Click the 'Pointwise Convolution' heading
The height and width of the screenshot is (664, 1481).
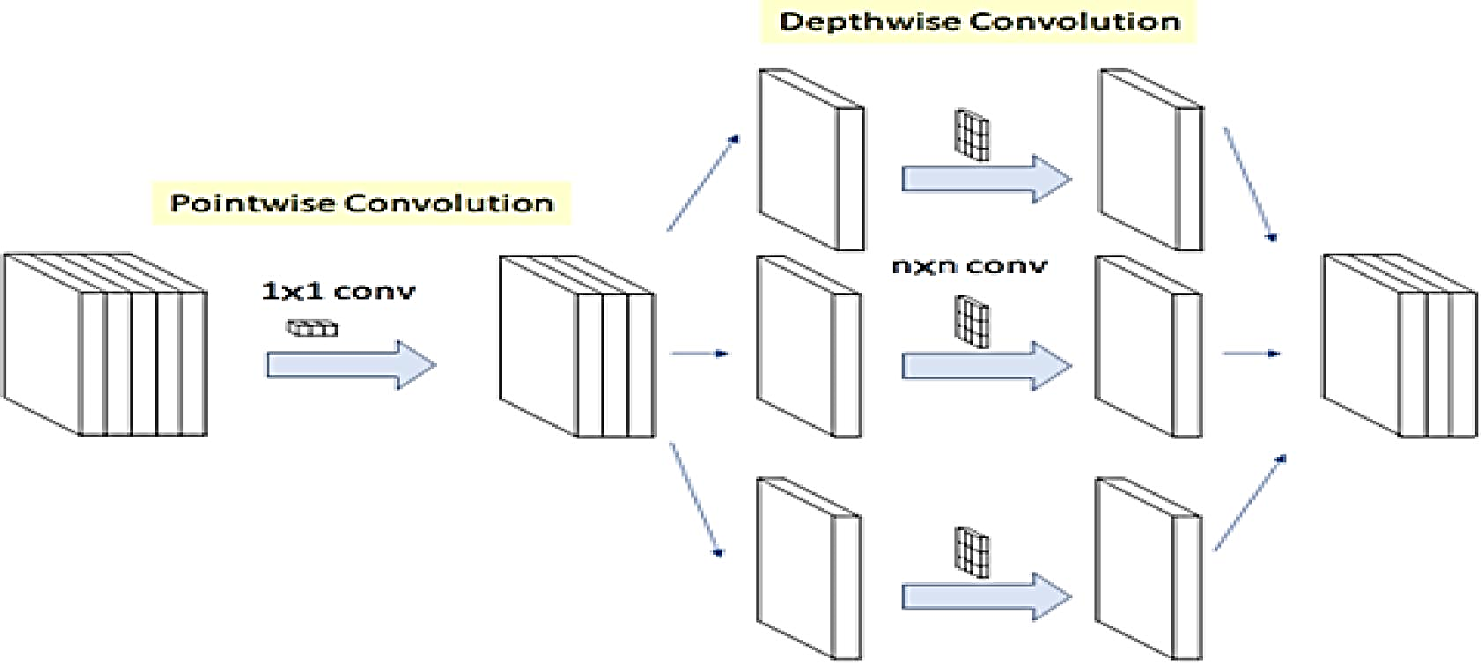click(x=362, y=203)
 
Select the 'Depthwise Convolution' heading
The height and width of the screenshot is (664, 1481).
click(x=979, y=21)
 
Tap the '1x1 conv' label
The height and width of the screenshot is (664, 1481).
click(x=338, y=291)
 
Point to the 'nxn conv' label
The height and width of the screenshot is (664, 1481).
click(x=969, y=266)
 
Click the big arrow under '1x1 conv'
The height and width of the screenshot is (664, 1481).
click(x=351, y=365)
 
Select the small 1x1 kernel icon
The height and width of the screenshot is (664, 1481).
click(x=312, y=328)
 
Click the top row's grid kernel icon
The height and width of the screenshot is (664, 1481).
click(x=972, y=135)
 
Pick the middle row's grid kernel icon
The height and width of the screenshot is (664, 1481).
click(x=972, y=321)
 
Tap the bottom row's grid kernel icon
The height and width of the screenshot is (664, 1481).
click(x=972, y=553)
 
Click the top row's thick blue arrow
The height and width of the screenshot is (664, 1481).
click(x=986, y=180)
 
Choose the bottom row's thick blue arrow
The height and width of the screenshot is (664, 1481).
click(x=986, y=597)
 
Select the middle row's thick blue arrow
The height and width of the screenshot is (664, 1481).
click(x=986, y=365)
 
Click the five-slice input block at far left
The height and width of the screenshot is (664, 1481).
click(x=106, y=344)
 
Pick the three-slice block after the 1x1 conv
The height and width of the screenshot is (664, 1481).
click(x=578, y=347)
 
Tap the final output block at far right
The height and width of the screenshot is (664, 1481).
click(x=1400, y=345)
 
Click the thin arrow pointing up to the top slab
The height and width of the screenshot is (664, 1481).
click(x=703, y=184)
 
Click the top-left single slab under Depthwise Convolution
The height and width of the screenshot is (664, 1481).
click(x=811, y=159)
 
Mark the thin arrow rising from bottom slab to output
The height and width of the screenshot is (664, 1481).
click(x=1250, y=503)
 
